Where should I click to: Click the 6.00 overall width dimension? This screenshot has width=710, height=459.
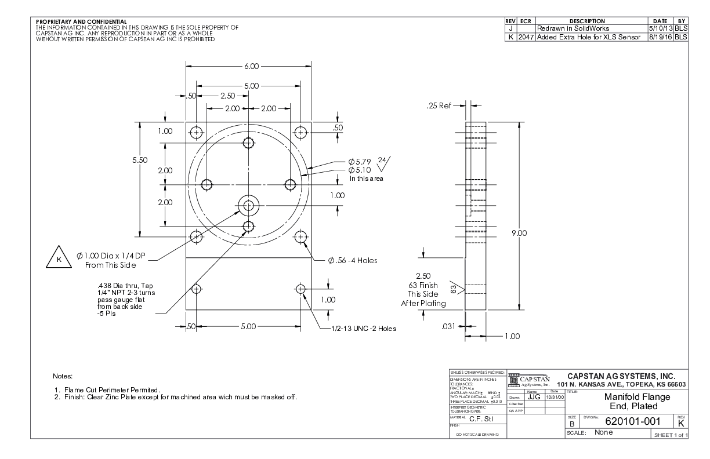[251, 67]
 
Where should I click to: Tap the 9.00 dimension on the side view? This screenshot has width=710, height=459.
[519, 234]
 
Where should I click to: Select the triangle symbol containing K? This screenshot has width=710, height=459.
[57, 259]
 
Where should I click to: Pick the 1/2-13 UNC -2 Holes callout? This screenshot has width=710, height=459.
[360, 329]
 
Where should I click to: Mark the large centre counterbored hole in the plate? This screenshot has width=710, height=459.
[249, 205]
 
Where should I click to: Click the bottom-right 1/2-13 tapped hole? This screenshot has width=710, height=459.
[300, 289]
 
